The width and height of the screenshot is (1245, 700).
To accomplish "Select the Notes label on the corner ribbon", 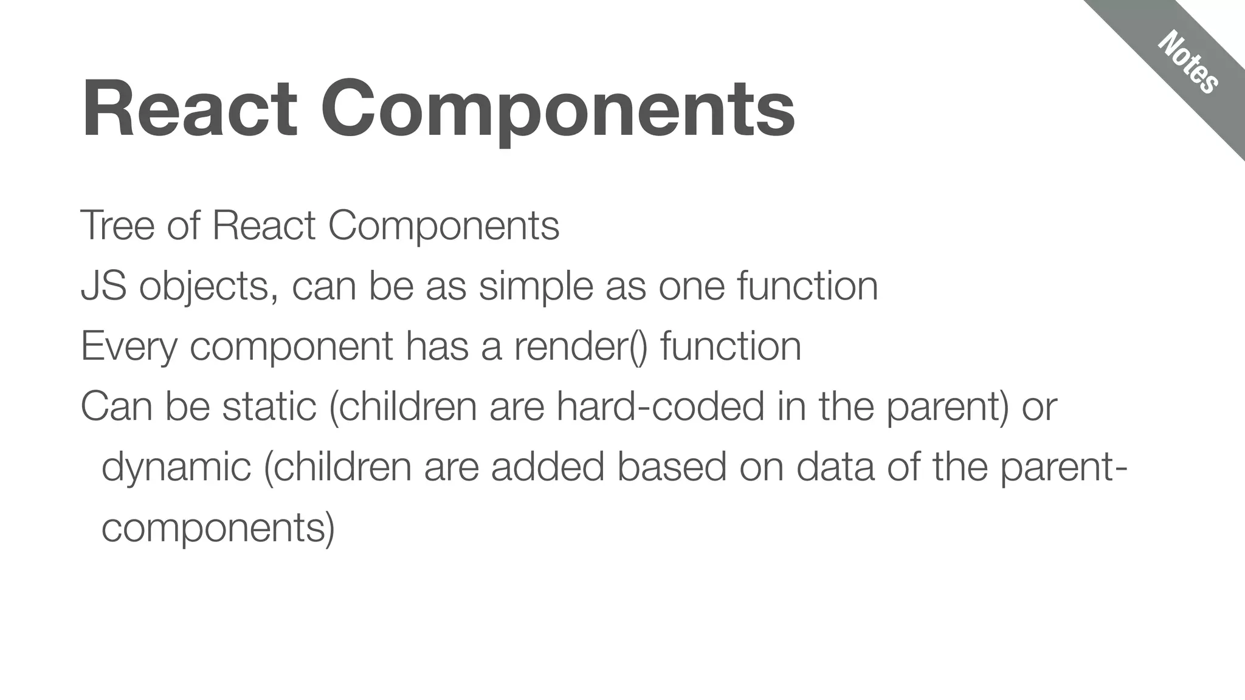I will click(1187, 63).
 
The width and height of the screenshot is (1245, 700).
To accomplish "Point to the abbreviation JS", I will click(103, 286).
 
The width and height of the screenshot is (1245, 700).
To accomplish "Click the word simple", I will click(536, 286).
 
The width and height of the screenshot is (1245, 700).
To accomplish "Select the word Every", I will click(129, 346).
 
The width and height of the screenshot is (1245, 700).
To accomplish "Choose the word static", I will click(269, 407).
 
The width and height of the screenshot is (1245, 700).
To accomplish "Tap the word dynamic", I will click(176, 467).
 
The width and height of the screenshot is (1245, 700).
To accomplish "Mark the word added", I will click(547, 467).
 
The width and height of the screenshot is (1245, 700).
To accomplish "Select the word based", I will click(672, 467).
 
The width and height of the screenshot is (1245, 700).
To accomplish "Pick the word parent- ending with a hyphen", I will click(1064, 467).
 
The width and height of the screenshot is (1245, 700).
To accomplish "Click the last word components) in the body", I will click(218, 527).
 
